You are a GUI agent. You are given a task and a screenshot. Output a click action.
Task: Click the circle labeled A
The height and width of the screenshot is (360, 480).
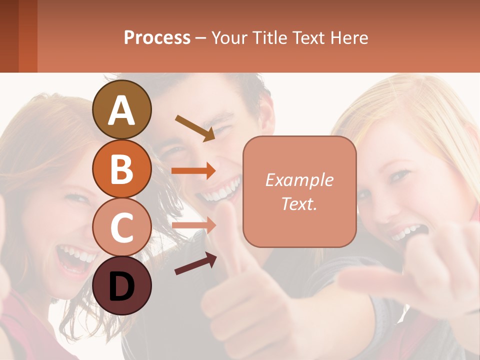click(x=121, y=110)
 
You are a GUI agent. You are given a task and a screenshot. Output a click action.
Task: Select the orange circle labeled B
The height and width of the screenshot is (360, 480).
click(x=121, y=168)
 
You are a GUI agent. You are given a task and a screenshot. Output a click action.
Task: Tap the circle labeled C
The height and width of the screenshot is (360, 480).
click(x=121, y=227)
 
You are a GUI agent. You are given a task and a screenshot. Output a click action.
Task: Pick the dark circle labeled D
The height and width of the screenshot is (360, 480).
click(x=121, y=285)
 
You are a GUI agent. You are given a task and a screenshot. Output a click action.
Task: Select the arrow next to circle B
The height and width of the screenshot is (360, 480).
click(x=193, y=171)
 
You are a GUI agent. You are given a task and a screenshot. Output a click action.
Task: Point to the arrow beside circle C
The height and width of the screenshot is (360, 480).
click(x=193, y=225)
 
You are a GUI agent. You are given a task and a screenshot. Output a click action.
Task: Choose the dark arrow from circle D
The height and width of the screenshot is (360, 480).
click(x=195, y=263)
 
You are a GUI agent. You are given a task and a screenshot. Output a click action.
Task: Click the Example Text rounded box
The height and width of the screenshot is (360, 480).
click(x=299, y=191)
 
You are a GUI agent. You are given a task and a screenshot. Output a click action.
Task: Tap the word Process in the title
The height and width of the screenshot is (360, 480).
click(x=157, y=37)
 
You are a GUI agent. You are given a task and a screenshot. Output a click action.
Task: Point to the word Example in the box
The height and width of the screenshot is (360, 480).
click(x=299, y=180)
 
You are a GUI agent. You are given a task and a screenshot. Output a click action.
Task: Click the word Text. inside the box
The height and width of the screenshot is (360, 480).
click(x=299, y=203)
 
